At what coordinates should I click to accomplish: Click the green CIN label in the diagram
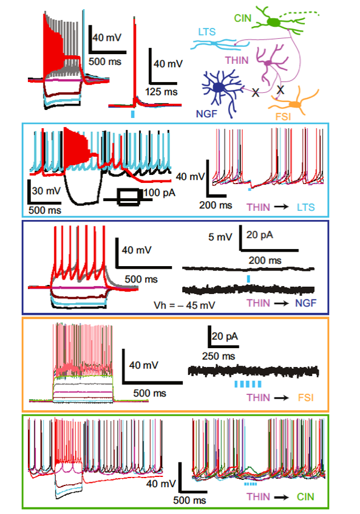pos(242,18)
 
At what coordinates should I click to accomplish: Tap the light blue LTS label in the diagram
pos(206,32)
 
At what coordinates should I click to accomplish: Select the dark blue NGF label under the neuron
pos(206,114)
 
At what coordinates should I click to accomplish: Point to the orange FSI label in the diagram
pos(283,117)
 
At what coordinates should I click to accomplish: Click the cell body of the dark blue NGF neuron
pos(219,87)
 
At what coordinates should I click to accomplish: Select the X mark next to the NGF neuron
pos(256,93)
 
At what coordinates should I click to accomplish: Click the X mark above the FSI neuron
pos(280,89)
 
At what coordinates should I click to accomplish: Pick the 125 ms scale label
pos(161,92)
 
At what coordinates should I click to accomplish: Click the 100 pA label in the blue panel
pos(159,193)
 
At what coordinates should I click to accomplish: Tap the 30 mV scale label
pos(46,191)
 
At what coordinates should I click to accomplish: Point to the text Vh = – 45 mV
pos(185,305)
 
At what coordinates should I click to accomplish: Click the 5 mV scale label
pos(220,237)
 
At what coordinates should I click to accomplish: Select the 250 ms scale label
pos(219,356)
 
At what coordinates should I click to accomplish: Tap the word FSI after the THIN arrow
pos(305,397)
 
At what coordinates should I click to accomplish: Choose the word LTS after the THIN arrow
pos(305,207)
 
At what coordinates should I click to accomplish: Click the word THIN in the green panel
pos(259,496)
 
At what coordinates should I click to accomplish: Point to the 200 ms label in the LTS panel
pos(216,205)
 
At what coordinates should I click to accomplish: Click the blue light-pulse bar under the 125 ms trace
pos(132,114)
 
